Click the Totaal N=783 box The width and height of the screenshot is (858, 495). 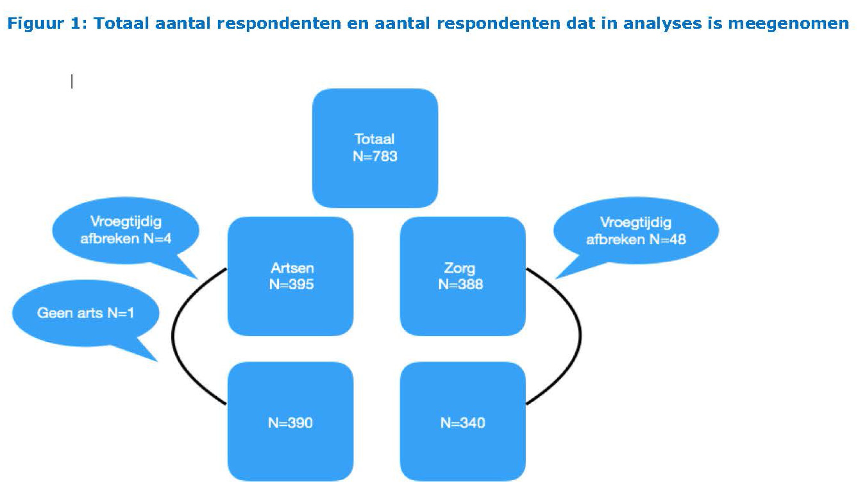tap(375, 148)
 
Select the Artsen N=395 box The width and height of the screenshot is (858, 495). tap(290, 276)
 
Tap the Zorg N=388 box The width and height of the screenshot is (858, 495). tap(463, 276)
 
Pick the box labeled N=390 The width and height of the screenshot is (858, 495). tap(290, 421)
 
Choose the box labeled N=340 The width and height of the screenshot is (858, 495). tap(463, 421)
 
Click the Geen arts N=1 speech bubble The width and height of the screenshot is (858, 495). tap(85, 313)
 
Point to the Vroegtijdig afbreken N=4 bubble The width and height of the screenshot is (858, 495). tap(126, 231)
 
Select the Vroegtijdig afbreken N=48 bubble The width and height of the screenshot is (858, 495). tap(636, 231)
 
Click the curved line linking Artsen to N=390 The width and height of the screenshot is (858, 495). tap(172, 336)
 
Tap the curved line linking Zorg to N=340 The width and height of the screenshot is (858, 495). tap(580, 336)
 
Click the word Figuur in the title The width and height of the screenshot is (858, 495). tap(36, 24)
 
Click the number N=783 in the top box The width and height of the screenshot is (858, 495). tap(375, 156)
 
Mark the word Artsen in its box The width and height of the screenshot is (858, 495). tap(292, 268)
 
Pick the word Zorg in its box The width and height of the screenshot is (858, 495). tap(459, 268)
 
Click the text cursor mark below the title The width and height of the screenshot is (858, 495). tap(71, 81)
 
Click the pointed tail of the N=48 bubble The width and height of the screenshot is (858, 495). tap(555, 279)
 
